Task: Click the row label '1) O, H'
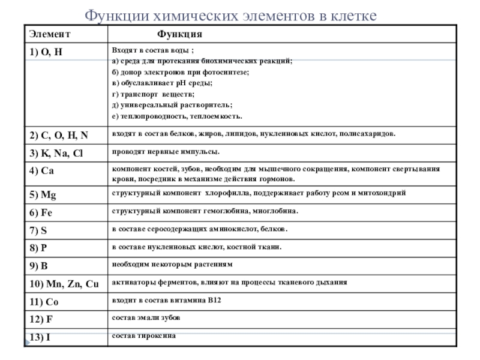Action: click(x=46, y=52)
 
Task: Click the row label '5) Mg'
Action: click(x=44, y=194)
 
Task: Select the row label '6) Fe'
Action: click(x=42, y=212)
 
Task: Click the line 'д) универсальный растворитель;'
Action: click(x=172, y=105)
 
